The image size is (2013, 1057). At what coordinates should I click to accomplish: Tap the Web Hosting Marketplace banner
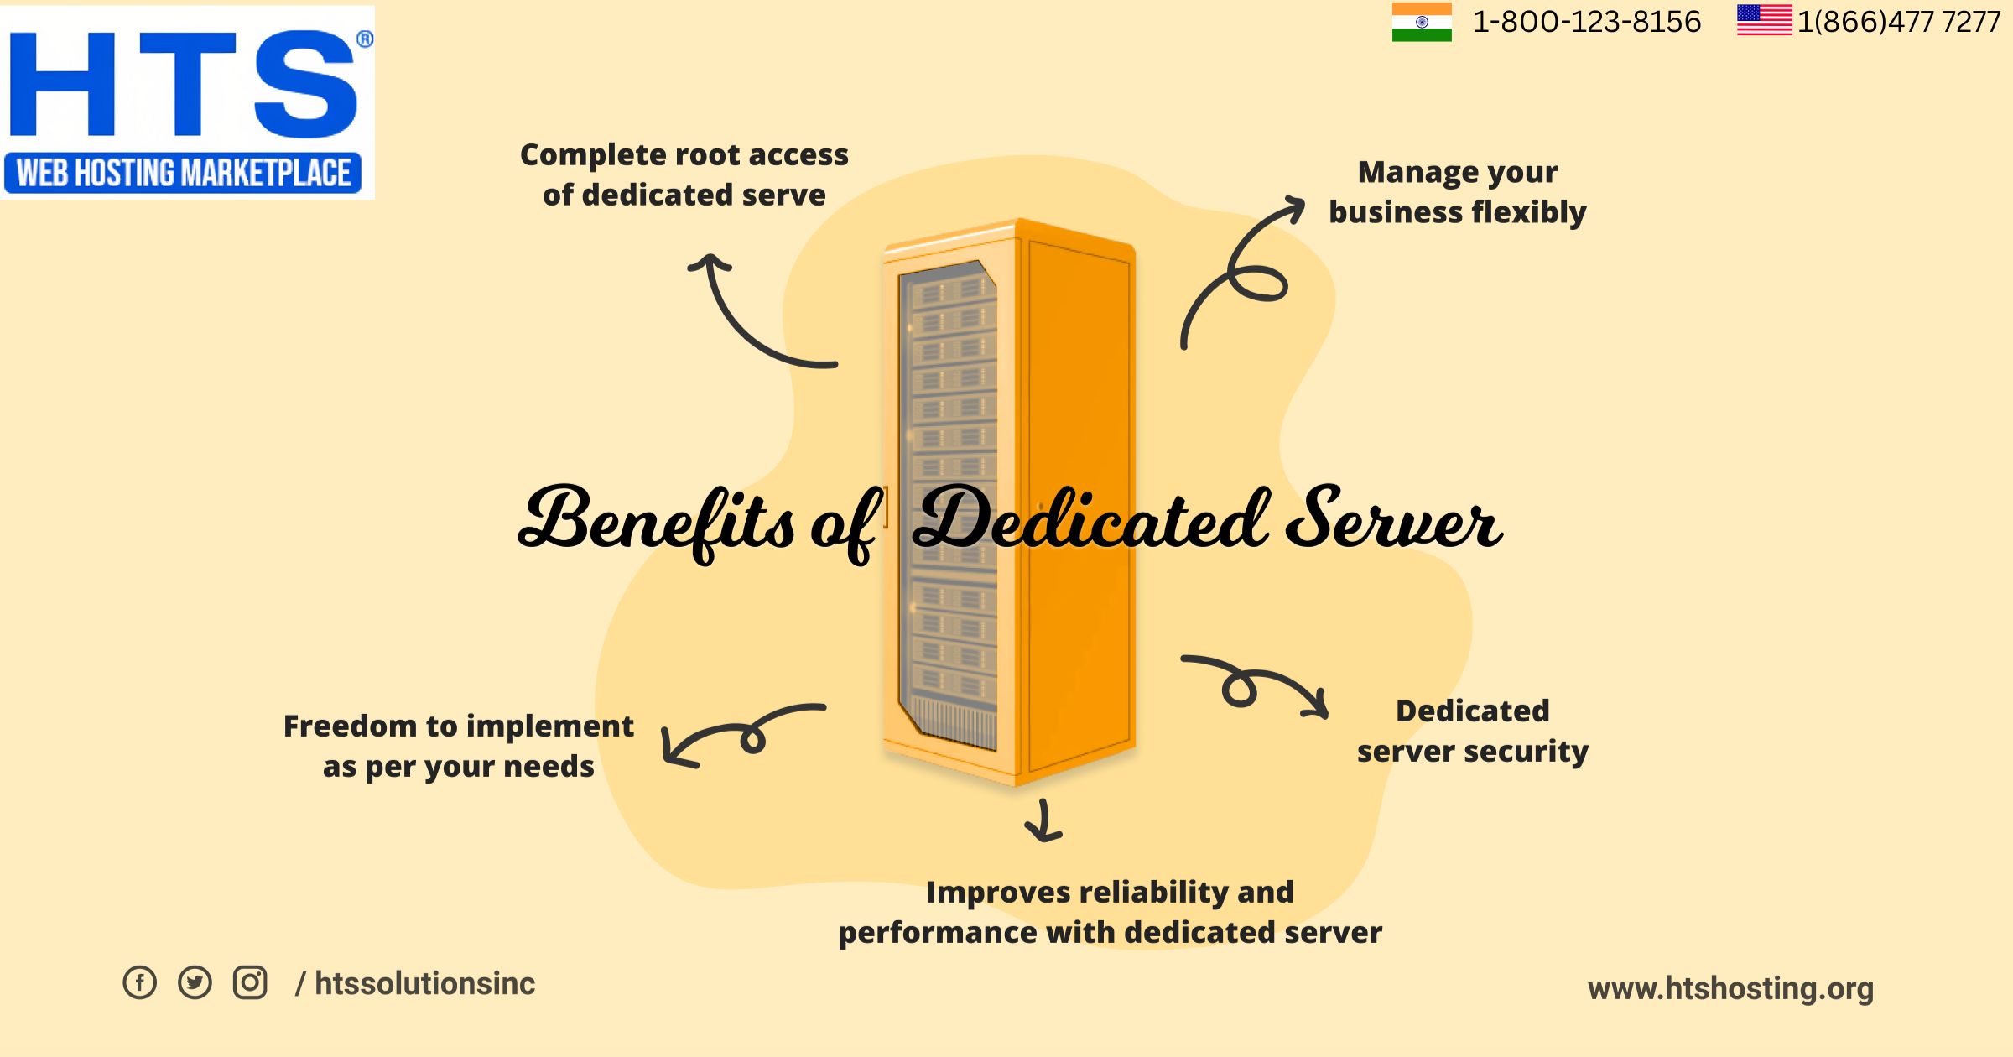pos(183,173)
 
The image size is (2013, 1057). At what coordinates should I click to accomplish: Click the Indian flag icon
pos(1422,22)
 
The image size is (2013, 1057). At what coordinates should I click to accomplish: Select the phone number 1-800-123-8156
pos(1587,22)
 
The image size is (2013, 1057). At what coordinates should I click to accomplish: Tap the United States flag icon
pos(1765,20)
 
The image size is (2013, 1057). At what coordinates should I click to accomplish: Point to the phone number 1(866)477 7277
pos(1899,22)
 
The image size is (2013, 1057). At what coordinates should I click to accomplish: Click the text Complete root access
pos(684,154)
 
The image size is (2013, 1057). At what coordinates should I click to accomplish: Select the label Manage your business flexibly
pos(1458,192)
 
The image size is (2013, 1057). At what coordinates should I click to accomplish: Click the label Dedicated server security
pos(1473,731)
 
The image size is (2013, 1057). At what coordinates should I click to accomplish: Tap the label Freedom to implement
pos(459,726)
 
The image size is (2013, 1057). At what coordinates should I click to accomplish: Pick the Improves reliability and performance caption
pos(1111,912)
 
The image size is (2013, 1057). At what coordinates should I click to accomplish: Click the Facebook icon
pos(140,982)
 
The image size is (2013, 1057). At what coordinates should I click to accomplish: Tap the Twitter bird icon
pos(195,982)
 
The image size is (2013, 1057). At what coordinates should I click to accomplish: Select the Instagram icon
pos(250,982)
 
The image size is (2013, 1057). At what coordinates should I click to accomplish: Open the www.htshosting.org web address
pos(1730,988)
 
